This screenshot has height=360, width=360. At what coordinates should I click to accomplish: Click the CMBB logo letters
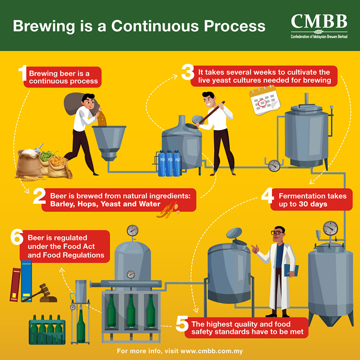(x=319, y=21)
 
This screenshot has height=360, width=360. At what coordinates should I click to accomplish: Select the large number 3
(x=187, y=73)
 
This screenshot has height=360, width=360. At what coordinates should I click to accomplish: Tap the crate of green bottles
(x=47, y=329)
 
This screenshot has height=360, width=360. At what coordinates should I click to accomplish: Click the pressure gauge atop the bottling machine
(x=132, y=230)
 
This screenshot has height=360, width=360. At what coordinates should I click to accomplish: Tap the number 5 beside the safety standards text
(x=181, y=324)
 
